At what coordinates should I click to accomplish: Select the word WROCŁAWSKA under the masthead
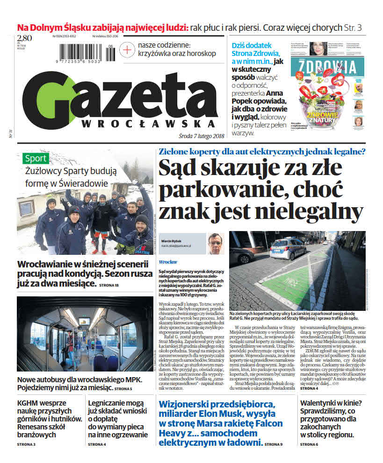pos(149,124)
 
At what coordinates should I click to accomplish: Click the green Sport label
pos(36,158)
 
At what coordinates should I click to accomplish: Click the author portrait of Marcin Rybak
pos(216,243)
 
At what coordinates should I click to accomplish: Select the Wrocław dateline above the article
pos(167,262)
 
